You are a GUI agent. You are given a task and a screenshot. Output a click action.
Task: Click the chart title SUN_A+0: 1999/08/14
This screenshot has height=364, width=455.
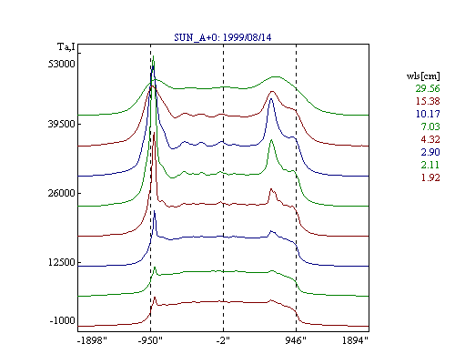[x=223, y=37]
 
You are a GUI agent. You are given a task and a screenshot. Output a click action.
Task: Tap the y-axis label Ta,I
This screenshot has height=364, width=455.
[x=66, y=47]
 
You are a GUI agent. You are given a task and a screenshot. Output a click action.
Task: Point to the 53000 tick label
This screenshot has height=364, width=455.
[x=61, y=64]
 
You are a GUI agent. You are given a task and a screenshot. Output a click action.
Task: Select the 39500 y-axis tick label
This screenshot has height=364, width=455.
[x=61, y=124]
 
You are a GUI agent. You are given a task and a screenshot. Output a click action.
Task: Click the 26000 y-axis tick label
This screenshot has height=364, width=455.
[x=61, y=193]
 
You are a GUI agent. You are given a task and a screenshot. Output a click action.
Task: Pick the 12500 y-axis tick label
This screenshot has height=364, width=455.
[x=61, y=262]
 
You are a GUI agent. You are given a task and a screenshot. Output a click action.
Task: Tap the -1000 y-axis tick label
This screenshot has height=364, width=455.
[x=62, y=320]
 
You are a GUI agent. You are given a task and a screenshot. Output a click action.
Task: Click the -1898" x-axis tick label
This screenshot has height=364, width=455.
[x=92, y=340]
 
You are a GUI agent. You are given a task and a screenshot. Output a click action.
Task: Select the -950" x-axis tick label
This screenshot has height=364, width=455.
[x=150, y=340]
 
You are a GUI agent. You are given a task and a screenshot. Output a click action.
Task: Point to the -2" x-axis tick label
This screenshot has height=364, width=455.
[x=223, y=340]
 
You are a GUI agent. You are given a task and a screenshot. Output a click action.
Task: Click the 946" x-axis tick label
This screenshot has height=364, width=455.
[x=296, y=340]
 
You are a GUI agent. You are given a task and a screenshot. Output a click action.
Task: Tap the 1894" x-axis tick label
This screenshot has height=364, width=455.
[x=355, y=340]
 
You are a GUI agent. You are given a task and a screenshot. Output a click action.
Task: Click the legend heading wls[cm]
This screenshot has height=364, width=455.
[x=423, y=76]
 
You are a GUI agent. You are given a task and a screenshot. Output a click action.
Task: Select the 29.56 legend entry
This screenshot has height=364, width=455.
[x=428, y=88]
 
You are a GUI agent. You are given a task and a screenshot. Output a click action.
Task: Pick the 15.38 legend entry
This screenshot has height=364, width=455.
[x=428, y=101]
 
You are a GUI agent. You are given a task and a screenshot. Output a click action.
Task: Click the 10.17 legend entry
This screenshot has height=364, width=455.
[x=428, y=114]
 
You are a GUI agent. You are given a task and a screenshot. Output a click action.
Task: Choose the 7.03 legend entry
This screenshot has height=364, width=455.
[x=430, y=126]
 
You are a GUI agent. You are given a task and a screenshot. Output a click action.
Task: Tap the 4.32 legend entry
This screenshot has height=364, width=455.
[x=430, y=139]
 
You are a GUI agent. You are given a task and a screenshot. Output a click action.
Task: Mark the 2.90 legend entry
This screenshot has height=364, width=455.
[x=430, y=152]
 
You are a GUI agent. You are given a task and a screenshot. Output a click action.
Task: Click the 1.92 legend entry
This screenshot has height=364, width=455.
[x=430, y=177]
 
